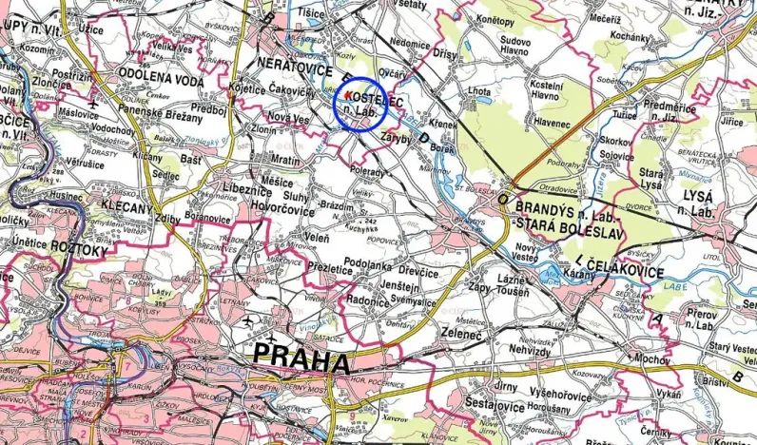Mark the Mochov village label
coord(651,359)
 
